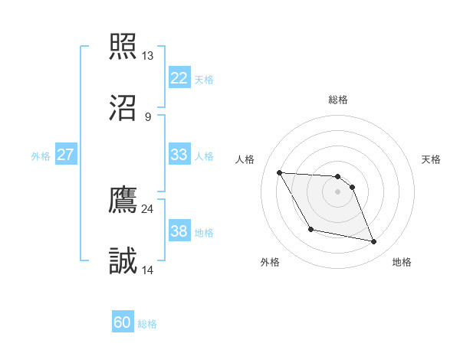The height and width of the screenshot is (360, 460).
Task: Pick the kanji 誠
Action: click(123, 260)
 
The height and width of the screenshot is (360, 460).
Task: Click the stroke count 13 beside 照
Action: click(147, 56)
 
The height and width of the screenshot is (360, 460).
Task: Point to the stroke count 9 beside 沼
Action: click(147, 116)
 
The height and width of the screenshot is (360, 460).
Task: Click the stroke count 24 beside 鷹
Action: click(147, 208)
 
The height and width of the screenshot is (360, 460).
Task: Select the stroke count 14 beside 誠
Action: click(147, 270)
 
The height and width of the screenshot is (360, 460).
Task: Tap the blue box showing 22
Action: click(179, 77)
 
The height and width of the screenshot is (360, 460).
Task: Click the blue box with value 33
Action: click(179, 154)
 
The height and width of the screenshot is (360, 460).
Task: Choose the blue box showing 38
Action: click(179, 231)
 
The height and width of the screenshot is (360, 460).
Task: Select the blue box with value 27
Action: click(65, 154)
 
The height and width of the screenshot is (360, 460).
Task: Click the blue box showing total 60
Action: click(123, 322)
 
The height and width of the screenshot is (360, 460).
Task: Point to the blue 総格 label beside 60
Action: click(147, 324)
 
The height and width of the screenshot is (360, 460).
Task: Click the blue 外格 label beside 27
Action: click(41, 155)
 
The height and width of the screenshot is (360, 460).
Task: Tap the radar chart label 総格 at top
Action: click(338, 100)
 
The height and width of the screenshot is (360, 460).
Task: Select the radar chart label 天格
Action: click(432, 159)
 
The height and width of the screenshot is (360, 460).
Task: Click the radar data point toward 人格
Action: click(280, 172)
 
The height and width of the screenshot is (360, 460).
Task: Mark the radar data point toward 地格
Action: click(374, 242)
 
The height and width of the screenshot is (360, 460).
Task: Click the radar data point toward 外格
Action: click(310, 229)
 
